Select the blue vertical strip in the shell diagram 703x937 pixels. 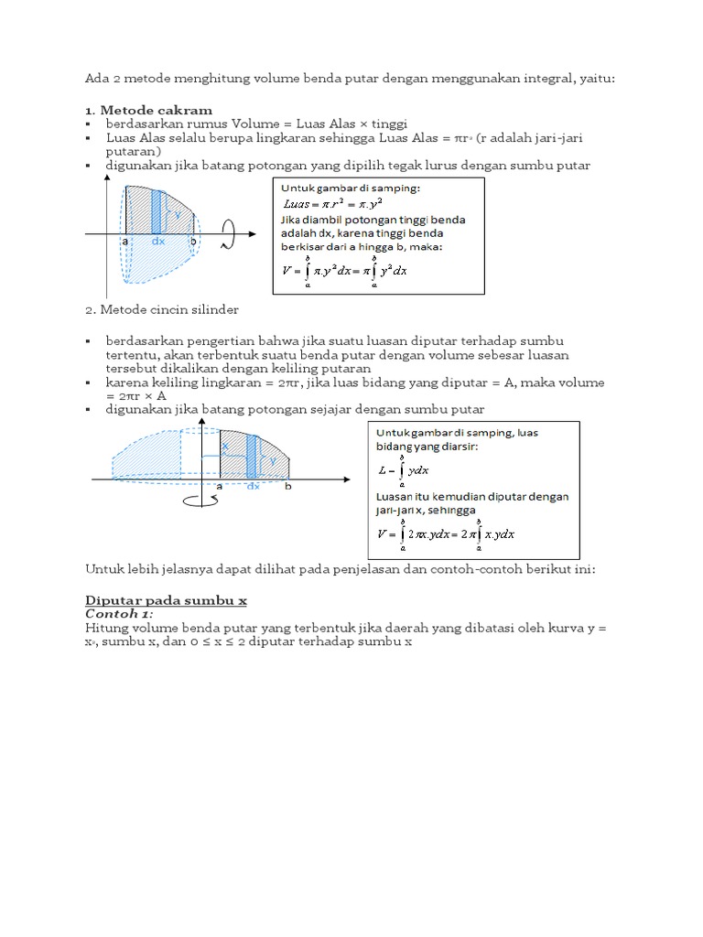pos(252,454)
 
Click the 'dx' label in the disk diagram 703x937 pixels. pos(157,242)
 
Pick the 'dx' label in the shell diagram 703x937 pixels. pos(254,488)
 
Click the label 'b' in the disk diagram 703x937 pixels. pos(193,242)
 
